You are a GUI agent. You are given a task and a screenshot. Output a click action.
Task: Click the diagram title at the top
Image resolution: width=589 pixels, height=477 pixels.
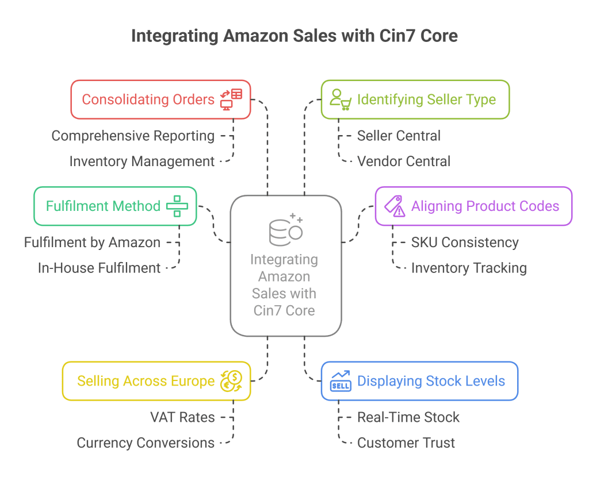[294, 36]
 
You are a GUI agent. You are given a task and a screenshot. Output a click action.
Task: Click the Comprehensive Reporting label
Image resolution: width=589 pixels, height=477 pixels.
[133, 136]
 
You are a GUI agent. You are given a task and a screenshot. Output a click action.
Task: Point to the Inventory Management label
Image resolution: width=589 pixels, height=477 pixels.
[142, 161]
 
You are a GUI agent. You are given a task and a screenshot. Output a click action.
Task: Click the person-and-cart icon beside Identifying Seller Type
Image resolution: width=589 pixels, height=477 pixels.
[341, 99]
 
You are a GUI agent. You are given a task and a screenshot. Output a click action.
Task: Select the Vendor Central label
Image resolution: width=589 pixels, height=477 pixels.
[403, 161]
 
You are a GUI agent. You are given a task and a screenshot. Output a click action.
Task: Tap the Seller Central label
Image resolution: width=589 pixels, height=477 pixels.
[399, 136]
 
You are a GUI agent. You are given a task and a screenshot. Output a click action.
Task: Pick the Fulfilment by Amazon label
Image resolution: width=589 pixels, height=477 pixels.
[92, 243]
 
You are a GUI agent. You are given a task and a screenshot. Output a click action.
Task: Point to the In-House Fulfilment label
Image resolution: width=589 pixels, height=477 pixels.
[99, 268]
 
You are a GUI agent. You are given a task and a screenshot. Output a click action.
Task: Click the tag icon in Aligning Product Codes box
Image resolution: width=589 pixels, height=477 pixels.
[395, 206]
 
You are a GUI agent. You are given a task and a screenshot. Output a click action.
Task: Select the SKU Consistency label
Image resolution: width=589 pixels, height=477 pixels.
[465, 243]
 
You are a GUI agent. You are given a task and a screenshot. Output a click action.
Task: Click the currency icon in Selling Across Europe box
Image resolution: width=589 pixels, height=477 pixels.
[232, 380]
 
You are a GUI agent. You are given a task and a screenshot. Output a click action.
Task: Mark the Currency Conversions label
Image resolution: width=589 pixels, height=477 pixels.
[146, 443]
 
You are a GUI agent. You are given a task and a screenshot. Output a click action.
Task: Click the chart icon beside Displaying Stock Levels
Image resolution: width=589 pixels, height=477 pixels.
[341, 381]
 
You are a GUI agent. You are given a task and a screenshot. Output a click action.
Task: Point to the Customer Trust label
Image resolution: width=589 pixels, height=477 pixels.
[406, 443]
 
